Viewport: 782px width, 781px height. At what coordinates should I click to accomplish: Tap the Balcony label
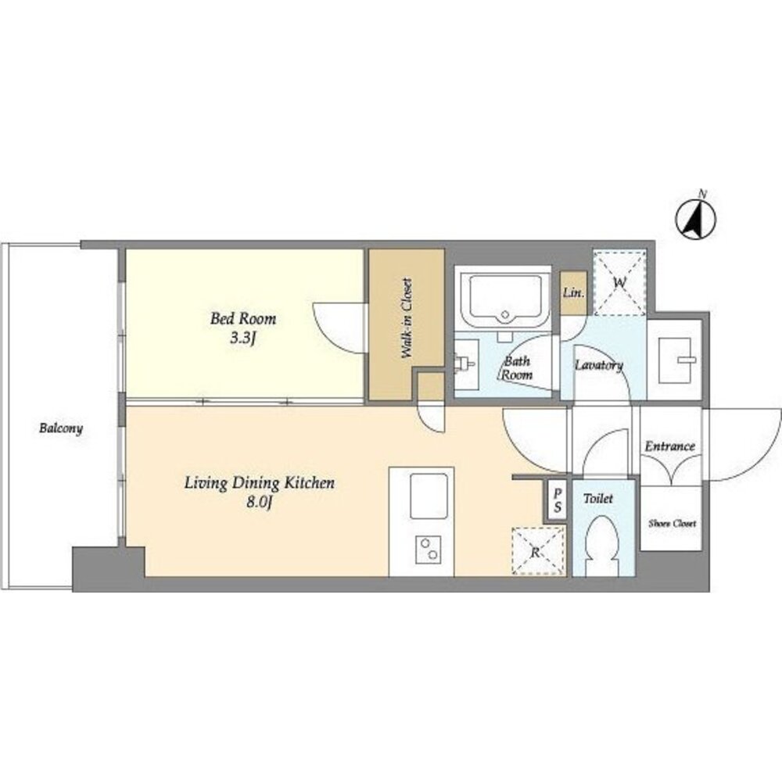point(61,428)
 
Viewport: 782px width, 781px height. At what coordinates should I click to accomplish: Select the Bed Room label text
point(243,318)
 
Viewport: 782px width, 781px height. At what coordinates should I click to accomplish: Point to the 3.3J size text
point(243,339)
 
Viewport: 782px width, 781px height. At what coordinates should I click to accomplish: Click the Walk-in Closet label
point(407,318)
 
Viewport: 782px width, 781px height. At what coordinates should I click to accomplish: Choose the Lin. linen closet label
point(573,292)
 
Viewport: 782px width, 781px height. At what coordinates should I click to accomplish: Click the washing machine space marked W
point(619,283)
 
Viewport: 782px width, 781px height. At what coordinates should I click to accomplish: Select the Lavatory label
point(599,365)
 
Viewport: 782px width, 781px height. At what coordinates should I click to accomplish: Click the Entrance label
point(670,446)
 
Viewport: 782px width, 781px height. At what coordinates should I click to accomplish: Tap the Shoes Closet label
point(672,524)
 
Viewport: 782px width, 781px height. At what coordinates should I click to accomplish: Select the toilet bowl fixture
point(603,546)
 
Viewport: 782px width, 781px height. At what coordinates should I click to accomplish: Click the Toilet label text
point(598,498)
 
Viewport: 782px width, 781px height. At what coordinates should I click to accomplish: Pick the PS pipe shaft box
point(557,500)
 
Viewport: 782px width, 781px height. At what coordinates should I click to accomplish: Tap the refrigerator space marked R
point(538,551)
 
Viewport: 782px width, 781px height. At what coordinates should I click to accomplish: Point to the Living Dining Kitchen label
point(260,483)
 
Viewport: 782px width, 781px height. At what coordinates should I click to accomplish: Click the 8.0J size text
point(260,503)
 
